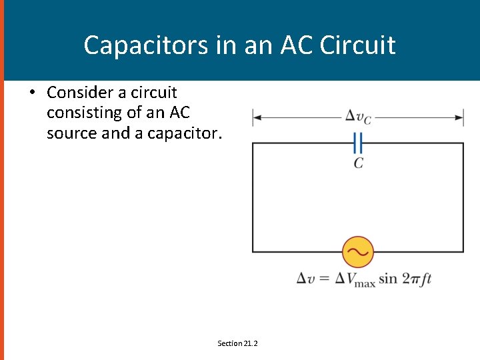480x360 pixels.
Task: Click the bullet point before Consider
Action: point(32,92)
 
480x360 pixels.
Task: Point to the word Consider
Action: point(83,92)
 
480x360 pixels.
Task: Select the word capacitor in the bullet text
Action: point(181,133)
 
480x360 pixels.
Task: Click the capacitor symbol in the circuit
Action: point(358,143)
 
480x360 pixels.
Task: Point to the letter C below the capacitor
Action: point(359,163)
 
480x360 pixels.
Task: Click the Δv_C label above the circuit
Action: point(358,117)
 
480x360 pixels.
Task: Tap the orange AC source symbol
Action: point(358,252)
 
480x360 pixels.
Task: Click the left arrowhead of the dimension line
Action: point(255,118)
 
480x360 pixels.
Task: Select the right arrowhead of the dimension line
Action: point(460,118)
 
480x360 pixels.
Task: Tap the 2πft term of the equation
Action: point(417,278)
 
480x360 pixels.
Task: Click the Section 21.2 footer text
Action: point(237,343)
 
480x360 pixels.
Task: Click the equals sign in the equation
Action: point(323,278)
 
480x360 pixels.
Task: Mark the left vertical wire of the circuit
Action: point(252,197)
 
